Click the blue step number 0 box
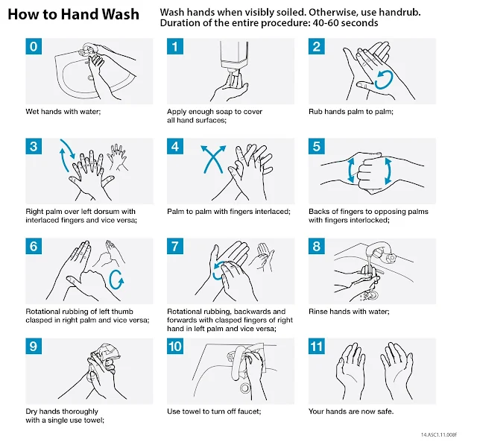[x=34, y=46]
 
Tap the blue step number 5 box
[x=316, y=146]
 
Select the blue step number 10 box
[x=175, y=346]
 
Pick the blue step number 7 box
[x=175, y=246]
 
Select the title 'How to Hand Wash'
[x=73, y=14]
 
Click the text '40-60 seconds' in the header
[x=345, y=23]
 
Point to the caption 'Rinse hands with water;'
[x=349, y=312]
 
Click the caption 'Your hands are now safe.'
[x=351, y=411]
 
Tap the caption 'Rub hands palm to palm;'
[x=351, y=112]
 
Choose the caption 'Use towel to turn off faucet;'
[x=214, y=411]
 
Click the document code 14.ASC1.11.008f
[x=439, y=435]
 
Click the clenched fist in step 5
[x=370, y=172]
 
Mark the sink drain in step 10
[x=244, y=388]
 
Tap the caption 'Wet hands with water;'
[x=63, y=112]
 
